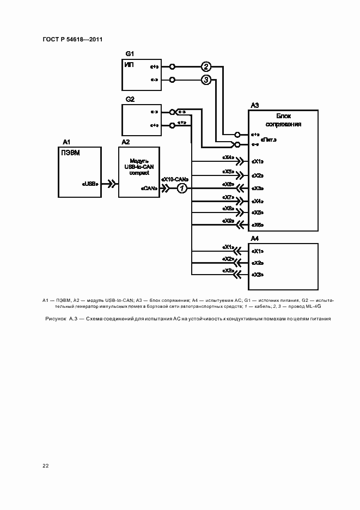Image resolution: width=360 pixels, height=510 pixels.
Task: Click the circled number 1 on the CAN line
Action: [183, 188]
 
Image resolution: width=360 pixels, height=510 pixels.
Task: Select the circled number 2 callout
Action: [206, 67]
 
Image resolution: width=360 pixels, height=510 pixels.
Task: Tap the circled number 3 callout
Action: [206, 80]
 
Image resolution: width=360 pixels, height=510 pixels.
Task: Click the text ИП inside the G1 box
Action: [130, 65]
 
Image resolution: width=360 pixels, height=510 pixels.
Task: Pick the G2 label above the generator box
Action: [130, 99]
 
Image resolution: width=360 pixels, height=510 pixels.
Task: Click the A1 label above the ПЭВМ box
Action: [67, 142]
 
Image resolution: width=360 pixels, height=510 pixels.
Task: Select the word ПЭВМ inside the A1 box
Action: [71, 153]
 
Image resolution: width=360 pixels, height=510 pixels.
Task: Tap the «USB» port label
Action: [90, 184]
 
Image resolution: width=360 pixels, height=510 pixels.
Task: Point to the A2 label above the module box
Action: [125, 142]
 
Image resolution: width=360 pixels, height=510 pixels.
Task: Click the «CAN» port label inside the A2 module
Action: [149, 189]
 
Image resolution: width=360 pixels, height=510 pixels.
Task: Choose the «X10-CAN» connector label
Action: [175, 179]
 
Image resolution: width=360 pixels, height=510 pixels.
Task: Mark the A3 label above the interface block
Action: [255, 105]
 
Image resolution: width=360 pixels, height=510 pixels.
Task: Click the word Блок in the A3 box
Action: [284, 117]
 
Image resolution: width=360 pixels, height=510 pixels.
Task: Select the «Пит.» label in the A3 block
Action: [269, 140]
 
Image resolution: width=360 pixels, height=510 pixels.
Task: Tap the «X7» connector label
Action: [228, 197]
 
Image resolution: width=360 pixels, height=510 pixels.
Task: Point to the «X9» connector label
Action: [228, 221]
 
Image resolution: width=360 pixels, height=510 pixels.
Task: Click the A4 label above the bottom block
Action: [255, 239]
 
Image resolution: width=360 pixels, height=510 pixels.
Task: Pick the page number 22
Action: [45, 466]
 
